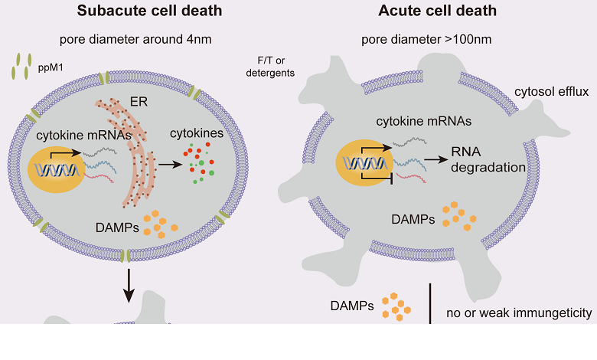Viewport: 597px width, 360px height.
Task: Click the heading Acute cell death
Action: pyautogui.click(x=438, y=12)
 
